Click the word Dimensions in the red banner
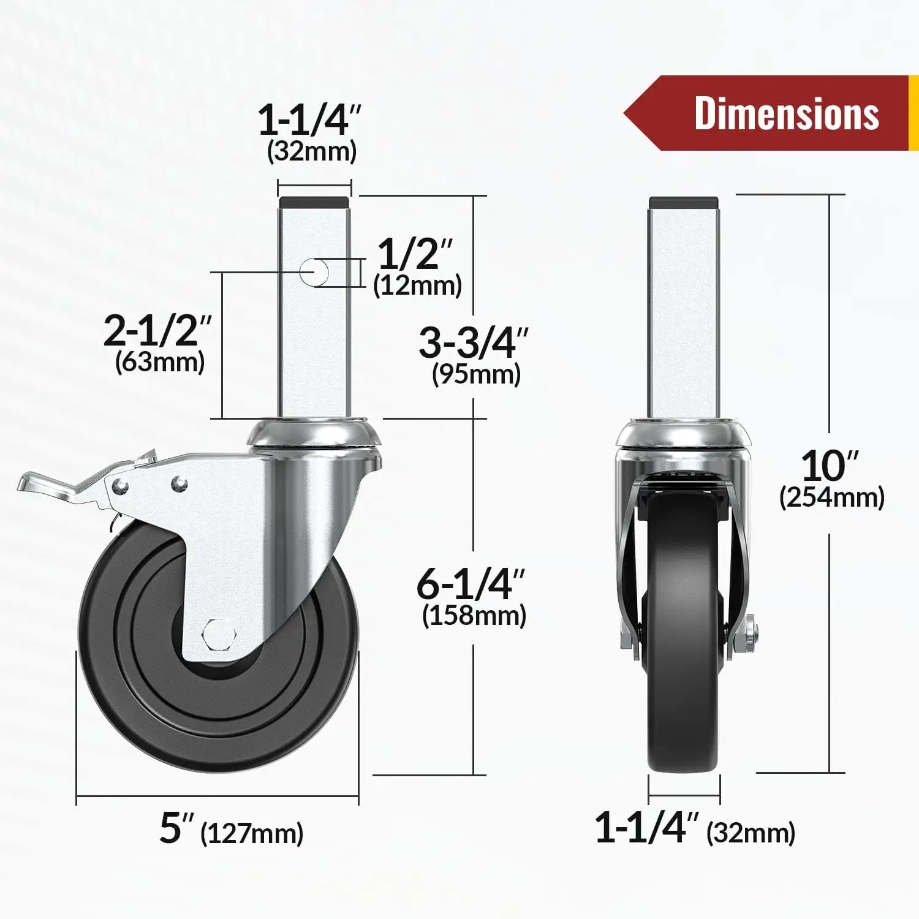[786, 114]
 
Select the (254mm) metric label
[832, 497]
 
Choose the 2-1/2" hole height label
[157, 330]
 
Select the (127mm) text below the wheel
[252, 833]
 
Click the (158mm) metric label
[474, 616]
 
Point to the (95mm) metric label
[476, 374]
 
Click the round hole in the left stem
[314, 271]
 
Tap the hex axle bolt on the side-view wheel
[217, 635]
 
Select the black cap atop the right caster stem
[683, 202]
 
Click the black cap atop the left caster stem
[314, 202]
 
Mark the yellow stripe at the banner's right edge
[913, 113]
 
